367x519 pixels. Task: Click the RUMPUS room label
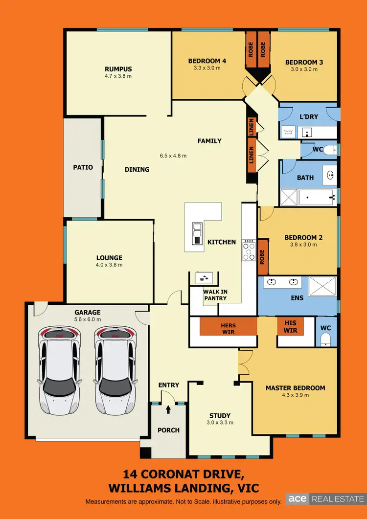point(118,69)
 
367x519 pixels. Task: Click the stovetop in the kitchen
point(249,250)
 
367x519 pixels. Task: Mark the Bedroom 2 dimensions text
point(303,245)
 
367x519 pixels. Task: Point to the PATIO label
point(83,167)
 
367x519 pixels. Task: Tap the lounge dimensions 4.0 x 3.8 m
point(109,265)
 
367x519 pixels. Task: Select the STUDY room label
point(219,416)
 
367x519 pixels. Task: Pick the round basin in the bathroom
point(329,174)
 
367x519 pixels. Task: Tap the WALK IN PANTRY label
point(215,295)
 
